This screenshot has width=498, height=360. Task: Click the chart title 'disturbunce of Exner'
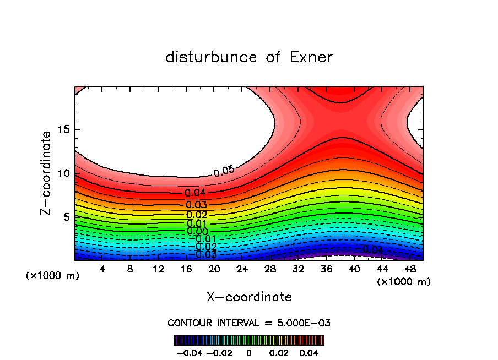(249, 57)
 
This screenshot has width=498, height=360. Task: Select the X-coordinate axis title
(249, 297)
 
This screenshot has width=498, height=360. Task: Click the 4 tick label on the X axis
(102, 269)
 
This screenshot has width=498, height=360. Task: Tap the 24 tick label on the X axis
(242, 269)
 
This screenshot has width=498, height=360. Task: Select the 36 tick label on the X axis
(326, 269)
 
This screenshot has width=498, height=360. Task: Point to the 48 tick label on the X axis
(409, 269)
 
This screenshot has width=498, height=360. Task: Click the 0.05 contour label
(224, 171)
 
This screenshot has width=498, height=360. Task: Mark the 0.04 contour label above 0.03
(195, 193)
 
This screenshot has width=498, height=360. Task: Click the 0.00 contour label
(197, 232)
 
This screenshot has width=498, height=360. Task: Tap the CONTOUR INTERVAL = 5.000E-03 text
(249, 323)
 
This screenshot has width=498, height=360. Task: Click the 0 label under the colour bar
(249, 352)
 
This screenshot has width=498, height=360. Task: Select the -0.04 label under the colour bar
(189, 352)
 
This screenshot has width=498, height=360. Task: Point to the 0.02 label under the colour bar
(279, 352)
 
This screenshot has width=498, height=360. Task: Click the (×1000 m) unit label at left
(53, 276)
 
